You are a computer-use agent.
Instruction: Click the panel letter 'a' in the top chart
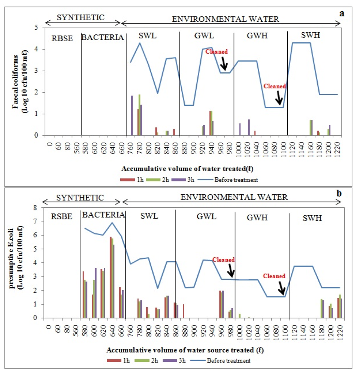(341, 13)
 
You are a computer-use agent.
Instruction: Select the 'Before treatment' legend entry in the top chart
(236, 180)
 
